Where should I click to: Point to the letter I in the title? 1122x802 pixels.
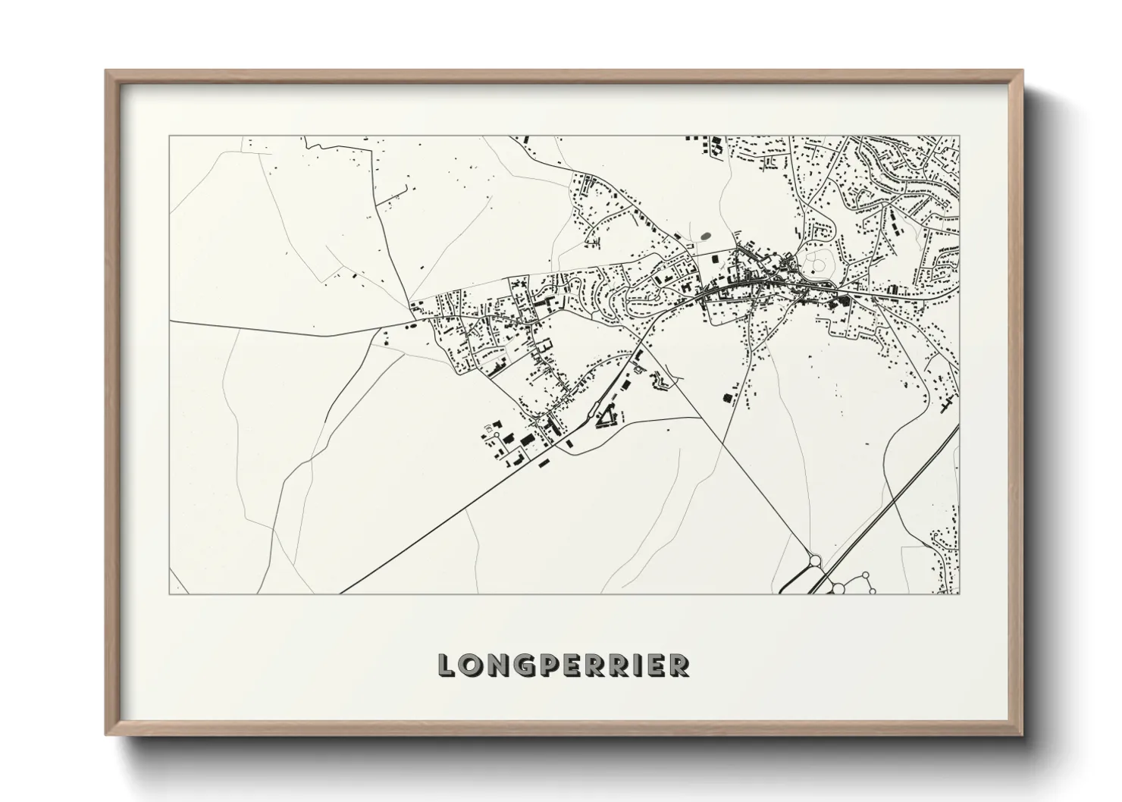coord(638,666)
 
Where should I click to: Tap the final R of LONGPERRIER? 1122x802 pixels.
coord(679,666)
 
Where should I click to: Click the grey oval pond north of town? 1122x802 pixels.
coord(706,237)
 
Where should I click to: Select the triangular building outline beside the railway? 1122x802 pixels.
coord(606,417)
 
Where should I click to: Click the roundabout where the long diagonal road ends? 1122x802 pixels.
coord(816,562)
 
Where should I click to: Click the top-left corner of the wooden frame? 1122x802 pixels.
coord(106,71)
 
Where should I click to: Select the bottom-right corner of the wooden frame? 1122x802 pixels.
coord(1023,734)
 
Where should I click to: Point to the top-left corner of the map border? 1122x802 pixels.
coord(169,136)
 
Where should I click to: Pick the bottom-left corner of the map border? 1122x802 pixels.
coord(169,594)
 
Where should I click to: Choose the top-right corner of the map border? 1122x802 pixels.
coord(959,136)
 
